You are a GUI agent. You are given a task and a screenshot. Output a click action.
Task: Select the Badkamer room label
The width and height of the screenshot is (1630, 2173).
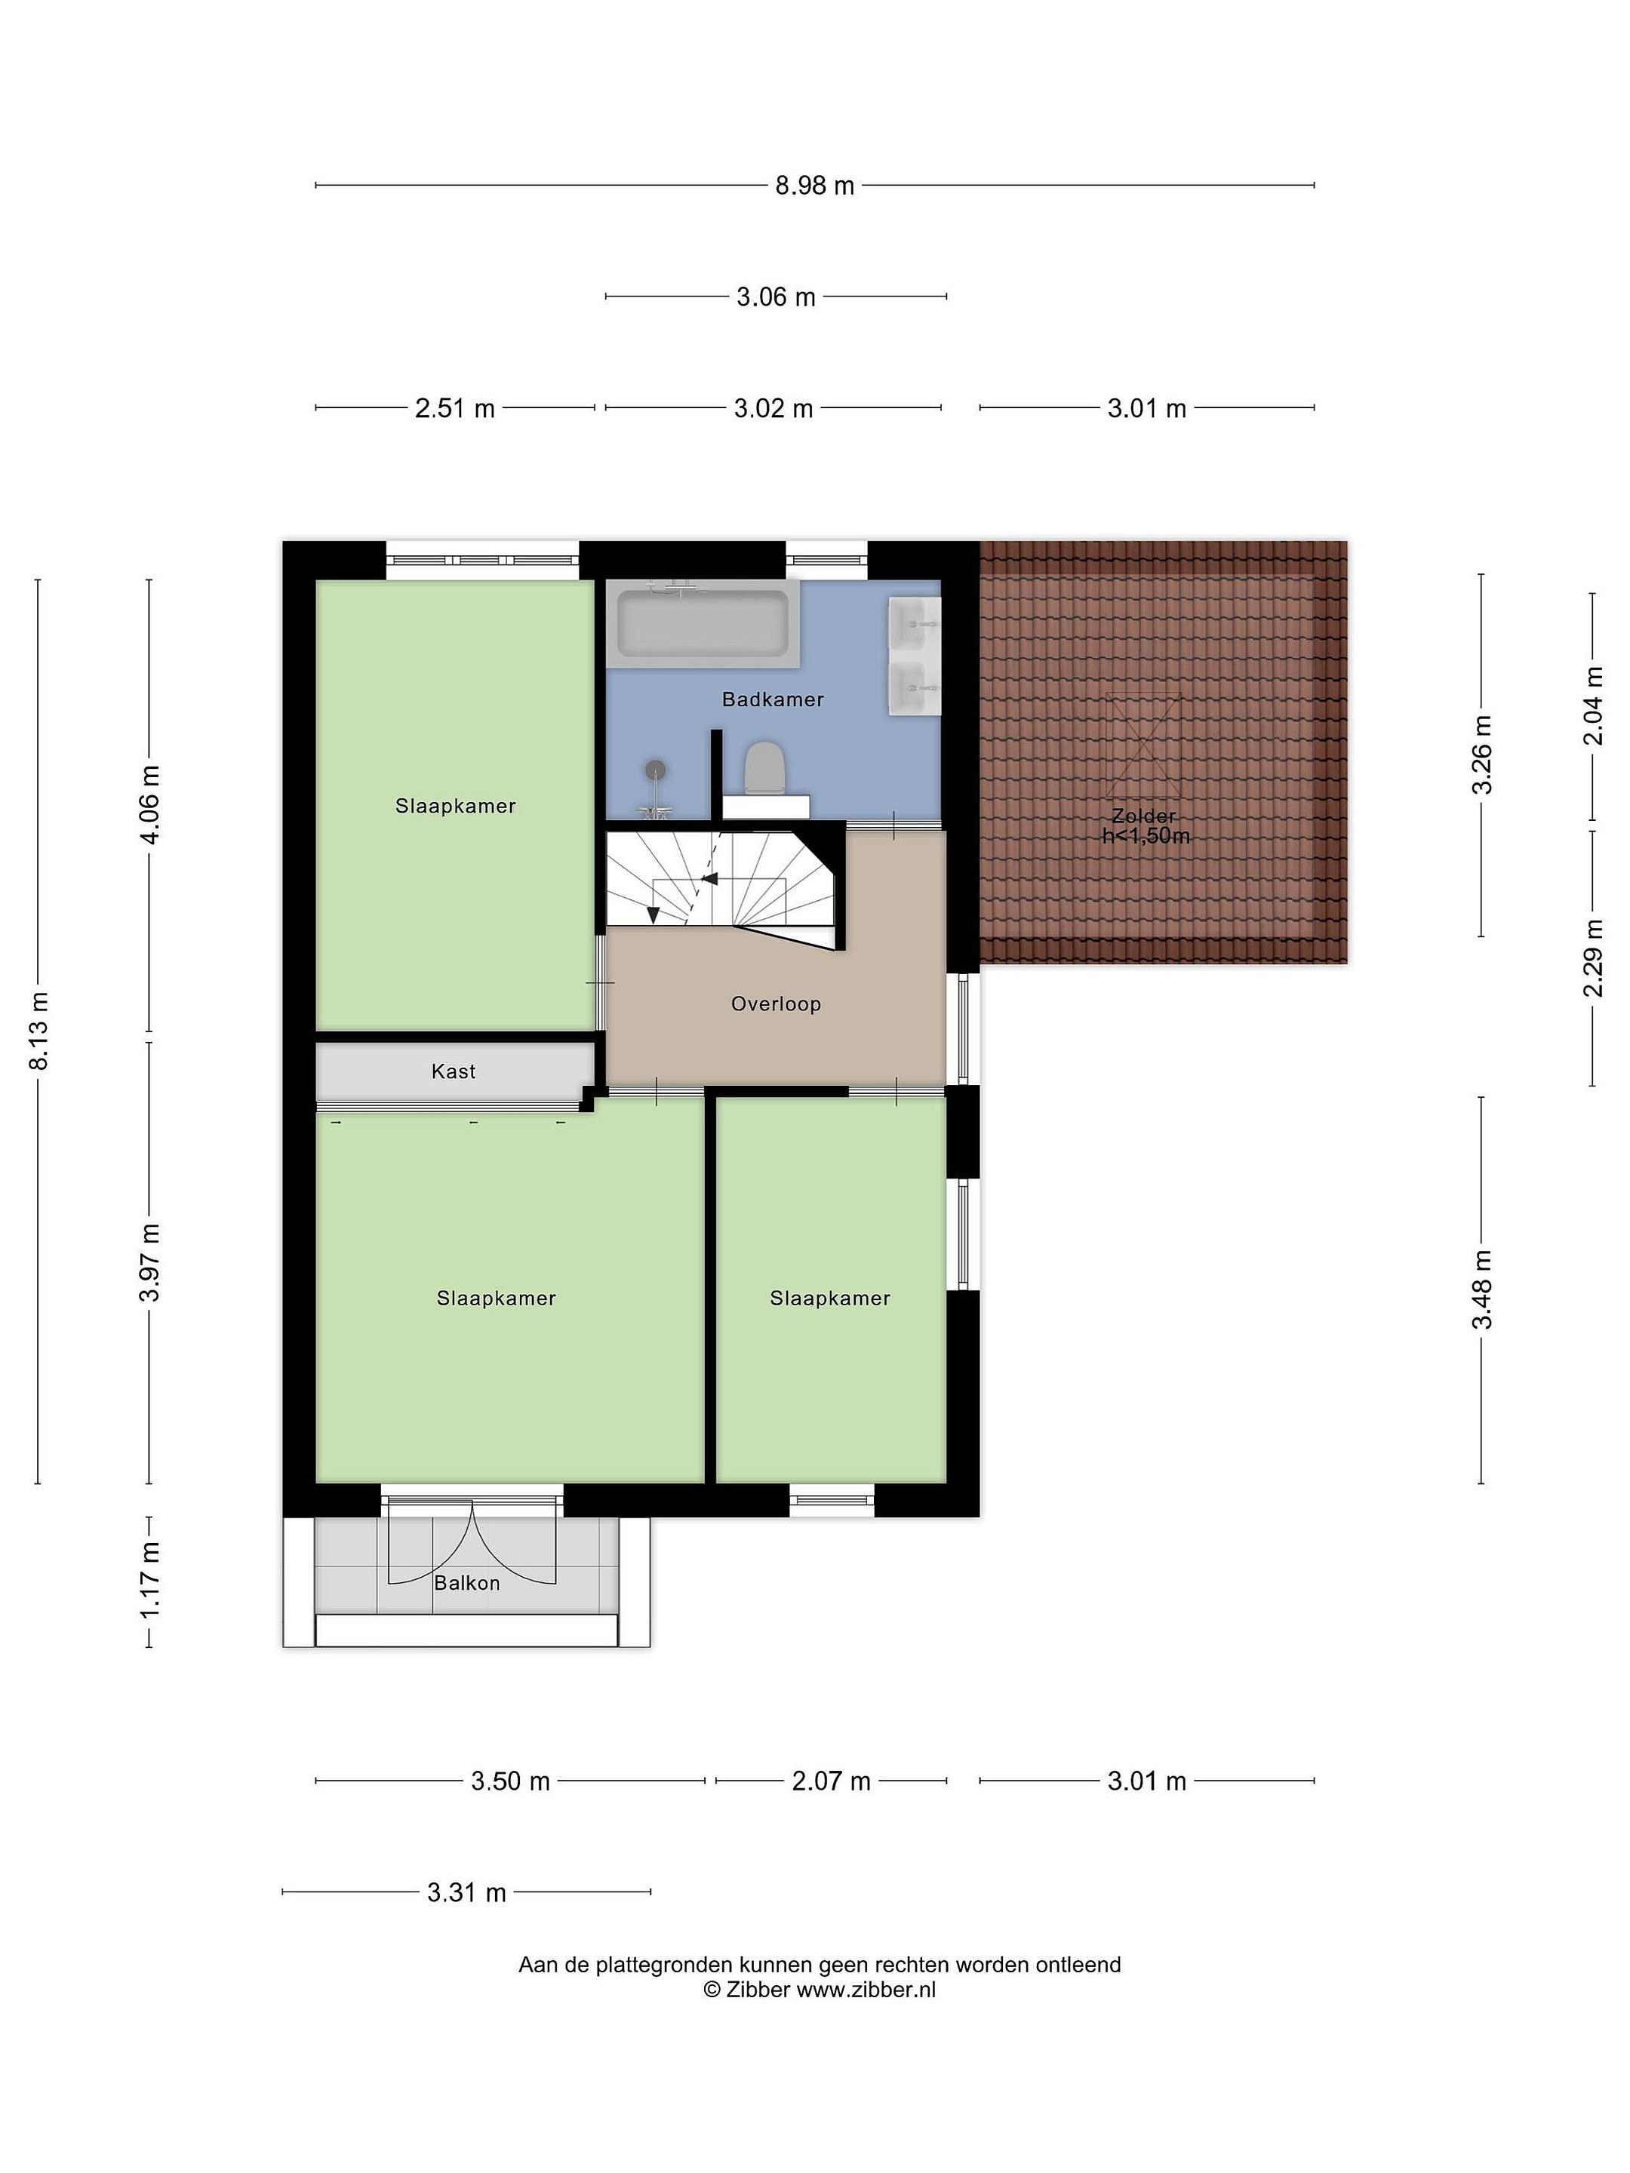pyautogui.click(x=772, y=699)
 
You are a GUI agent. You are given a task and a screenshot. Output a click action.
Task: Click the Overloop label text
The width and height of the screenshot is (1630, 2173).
pyautogui.click(x=775, y=1004)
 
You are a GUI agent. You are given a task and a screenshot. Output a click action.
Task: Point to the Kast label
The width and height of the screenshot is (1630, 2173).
pyautogui.click(x=453, y=1071)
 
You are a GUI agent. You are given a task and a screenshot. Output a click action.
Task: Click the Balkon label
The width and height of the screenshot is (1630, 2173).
pyautogui.click(x=466, y=1583)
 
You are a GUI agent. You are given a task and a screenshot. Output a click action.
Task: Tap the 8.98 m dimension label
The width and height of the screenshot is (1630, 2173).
pyautogui.click(x=814, y=186)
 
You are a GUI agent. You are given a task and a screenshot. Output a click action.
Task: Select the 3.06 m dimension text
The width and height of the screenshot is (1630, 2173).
pyautogui.click(x=777, y=297)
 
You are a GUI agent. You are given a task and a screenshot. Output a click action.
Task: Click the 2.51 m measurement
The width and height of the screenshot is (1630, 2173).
pyautogui.click(x=455, y=409)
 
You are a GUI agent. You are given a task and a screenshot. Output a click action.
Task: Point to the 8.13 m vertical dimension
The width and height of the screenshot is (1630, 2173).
pyautogui.click(x=38, y=1031)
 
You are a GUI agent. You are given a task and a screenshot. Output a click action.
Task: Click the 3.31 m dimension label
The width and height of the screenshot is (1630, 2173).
pyautogui.click(x=466, y=1892)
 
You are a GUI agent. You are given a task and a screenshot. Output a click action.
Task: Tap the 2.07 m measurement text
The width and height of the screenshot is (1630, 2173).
pyautogui.click(x=831, y=1781)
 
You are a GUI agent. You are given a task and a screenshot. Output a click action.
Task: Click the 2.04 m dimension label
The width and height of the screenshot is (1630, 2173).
pyautogui.click(x=1593, y=706)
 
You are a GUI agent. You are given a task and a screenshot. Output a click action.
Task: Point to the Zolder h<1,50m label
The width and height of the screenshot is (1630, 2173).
pyautogui.click(x=1146, y=826)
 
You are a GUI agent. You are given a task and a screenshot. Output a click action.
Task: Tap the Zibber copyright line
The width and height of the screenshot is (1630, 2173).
pyautogui.click(x=820, y=1990)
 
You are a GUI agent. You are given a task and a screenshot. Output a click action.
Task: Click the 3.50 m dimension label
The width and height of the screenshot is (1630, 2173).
pyautogui.click(x=511, y=1781)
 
